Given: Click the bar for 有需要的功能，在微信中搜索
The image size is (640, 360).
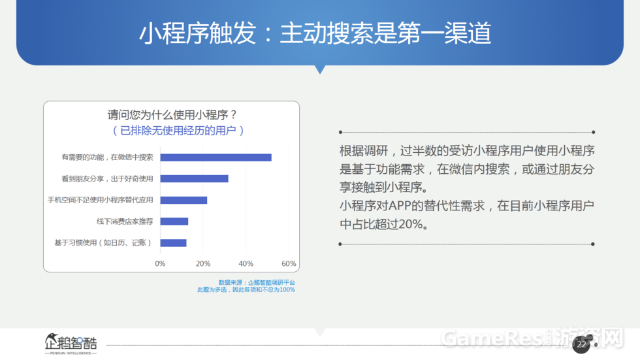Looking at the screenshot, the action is [x=216, y=157].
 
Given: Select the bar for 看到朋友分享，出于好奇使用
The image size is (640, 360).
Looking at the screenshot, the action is [x=195, y=179].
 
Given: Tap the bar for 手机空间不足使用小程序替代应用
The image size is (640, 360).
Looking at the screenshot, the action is [x=184, y=200].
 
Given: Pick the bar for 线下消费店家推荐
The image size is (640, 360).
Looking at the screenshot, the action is [x=174, y=221].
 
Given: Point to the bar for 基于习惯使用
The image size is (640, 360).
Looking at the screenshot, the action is [x=174, y=243].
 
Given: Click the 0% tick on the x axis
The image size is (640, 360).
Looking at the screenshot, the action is [x=160, y=264].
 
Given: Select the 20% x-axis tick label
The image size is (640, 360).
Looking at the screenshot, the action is [x=203, y=264].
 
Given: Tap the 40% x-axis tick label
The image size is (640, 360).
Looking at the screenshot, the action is [x=246, y=264].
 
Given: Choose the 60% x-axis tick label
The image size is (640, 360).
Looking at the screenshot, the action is [x=289, y=264].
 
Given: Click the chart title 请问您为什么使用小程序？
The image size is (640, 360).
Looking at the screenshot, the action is [x=172, y=115].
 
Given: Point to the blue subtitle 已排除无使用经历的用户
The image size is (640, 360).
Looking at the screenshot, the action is [x=178, y=131].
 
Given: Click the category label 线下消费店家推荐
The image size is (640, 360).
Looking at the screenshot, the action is [x=125, y=221].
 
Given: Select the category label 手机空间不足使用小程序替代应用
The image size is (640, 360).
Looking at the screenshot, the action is [x=101, y=200].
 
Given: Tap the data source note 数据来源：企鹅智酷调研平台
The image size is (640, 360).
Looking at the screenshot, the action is [x=257, y=282].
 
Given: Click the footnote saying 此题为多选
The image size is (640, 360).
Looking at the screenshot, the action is [x=212, y=290].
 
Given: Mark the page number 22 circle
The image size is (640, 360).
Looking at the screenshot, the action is [x=581, y=344].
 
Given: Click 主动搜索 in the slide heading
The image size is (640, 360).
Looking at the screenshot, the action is [x=327, y=33].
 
